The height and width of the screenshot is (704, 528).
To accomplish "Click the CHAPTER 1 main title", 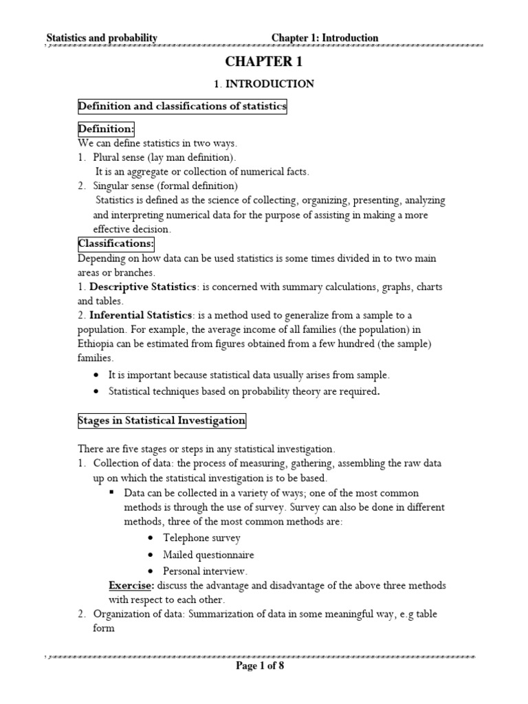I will pos(264,62).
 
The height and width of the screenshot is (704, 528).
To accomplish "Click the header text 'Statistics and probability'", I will pos(102,38).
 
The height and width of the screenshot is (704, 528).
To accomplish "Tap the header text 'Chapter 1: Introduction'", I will pos(324,38).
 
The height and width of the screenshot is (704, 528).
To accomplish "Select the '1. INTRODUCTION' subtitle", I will pos(264,84).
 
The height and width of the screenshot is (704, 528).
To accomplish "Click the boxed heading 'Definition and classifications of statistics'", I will pos(182,107).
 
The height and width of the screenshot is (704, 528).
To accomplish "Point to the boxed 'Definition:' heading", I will pos(106,129).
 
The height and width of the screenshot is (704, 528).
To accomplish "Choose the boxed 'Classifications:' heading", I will pos(115,244).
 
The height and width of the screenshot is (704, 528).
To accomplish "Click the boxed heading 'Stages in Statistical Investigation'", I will pos(162,420).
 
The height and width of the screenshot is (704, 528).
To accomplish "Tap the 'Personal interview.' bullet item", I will pos(206,571).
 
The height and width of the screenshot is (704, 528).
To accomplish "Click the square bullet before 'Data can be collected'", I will pos(112,493).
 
